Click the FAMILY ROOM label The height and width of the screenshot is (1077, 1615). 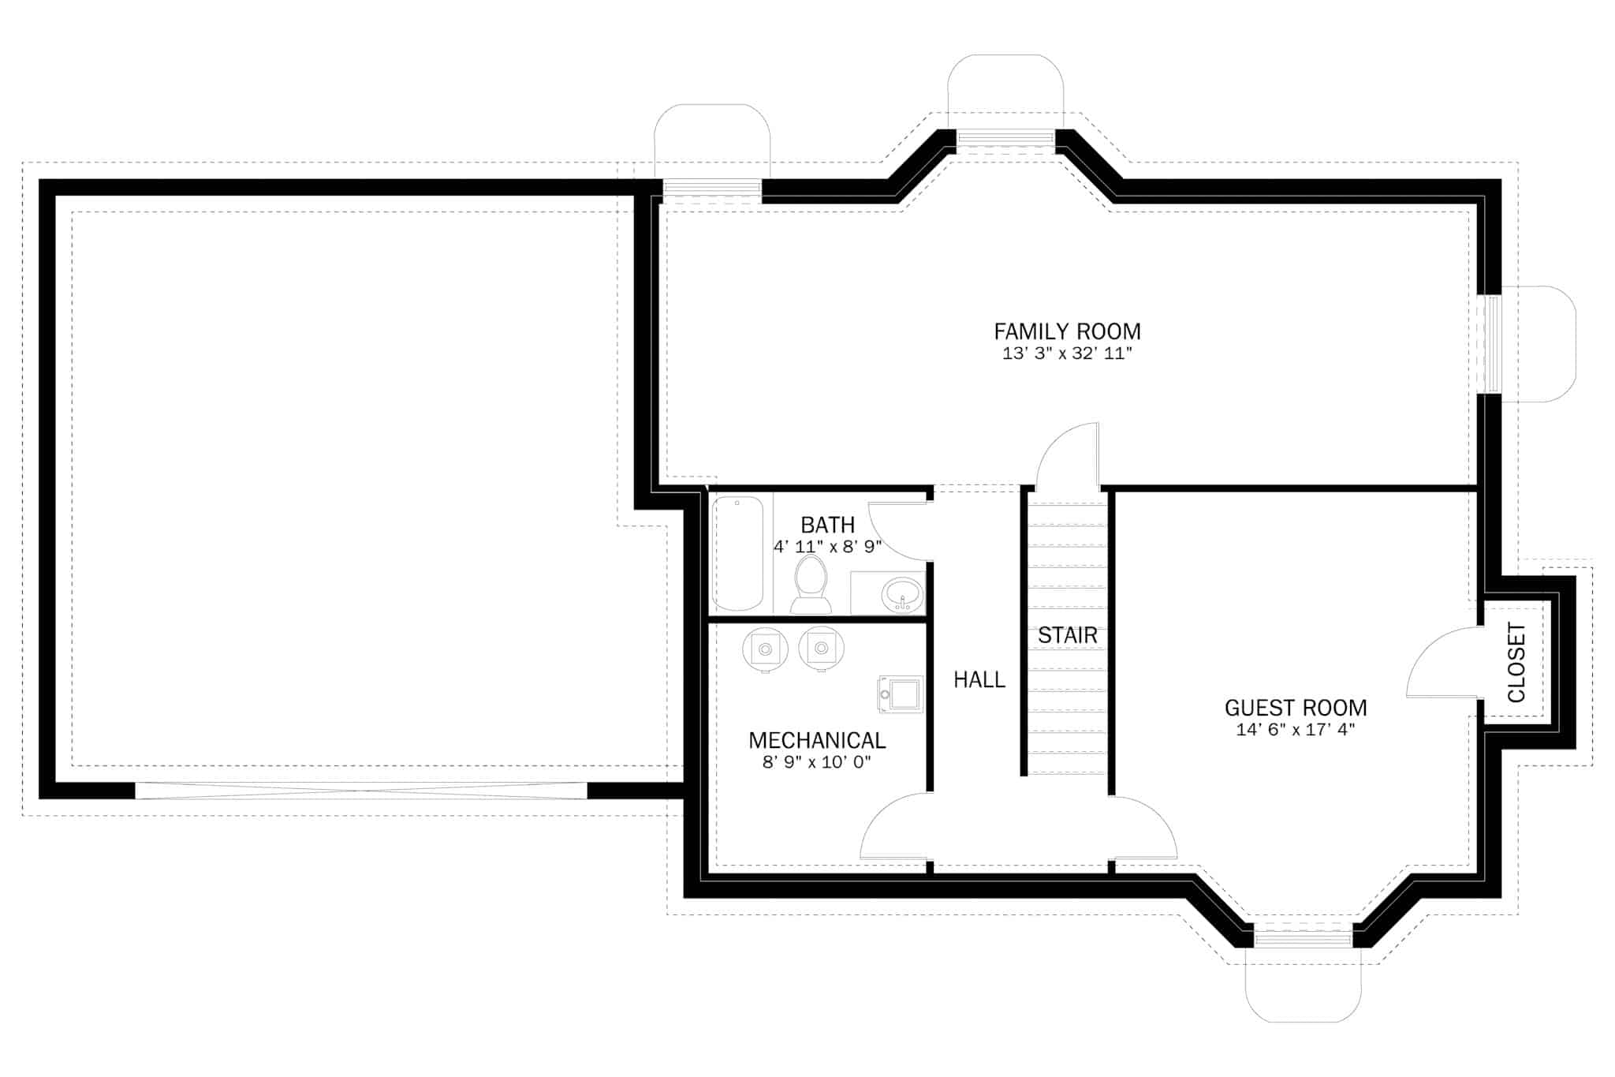pyautogui.click(x=1067, y=331)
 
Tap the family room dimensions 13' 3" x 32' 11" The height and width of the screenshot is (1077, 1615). pyautogui.click(x=1067, y=353)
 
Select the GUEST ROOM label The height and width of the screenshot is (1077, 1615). pyautogui.click(x=1295, y=708)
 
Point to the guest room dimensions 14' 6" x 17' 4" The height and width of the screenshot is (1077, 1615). pyautogui.click(x=1295, y=730)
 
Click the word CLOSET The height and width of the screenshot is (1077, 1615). pyautogui.click(x=1516, y=663)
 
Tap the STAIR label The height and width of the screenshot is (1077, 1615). pyautogui.click(x=1067, y=635)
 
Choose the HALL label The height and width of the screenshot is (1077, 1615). pyautogui.click(x=979, y=679)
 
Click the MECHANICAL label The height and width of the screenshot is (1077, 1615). pyautogui.click(x=817, y=740)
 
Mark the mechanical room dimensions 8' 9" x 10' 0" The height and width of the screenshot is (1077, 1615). pyautogui.click(x=817, y=762)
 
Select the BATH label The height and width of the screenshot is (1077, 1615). pyautogui.click(x=827, y=525)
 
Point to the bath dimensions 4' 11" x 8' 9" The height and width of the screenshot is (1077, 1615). pyautogui.click(x=827, y=546)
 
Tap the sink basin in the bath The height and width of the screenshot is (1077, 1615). pyautogui.click(x=902, y=594)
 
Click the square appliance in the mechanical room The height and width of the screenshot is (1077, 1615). pyautogui.click(x=901, y=694)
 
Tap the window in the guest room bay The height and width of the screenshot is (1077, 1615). pyautogui.click(x=1302, y=938)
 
